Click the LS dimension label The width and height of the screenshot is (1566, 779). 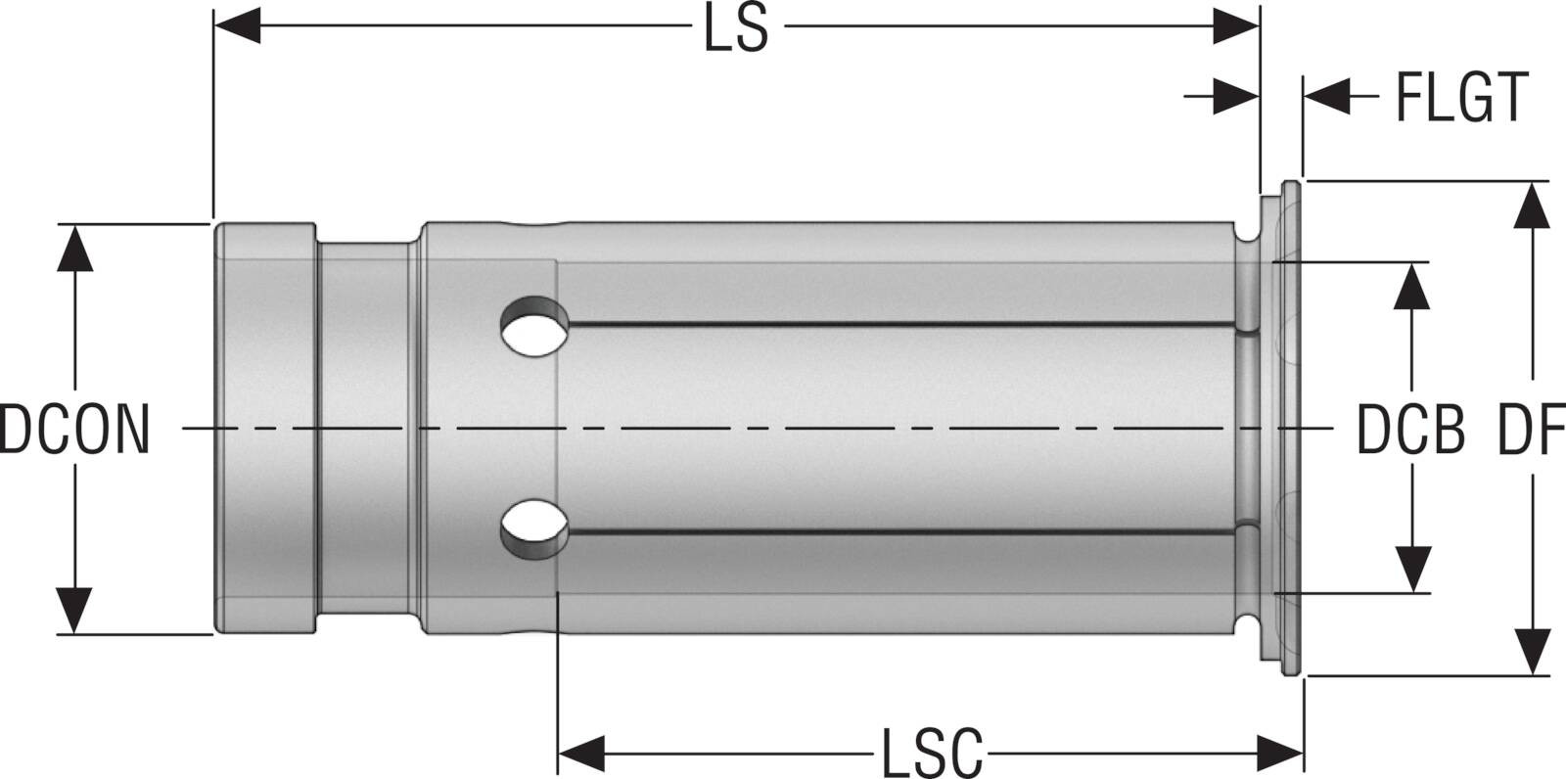point(736,28)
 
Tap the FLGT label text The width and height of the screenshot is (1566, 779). point(1462,97)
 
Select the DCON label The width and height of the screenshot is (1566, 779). point(74,430)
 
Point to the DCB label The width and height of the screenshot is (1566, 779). point(1410,430)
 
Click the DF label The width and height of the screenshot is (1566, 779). point(1531,430)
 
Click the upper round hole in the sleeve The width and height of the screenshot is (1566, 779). point(534,327)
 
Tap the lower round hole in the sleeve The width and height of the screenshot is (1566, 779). point(534,529)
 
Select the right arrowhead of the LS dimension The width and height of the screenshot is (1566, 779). point(1235,25)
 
